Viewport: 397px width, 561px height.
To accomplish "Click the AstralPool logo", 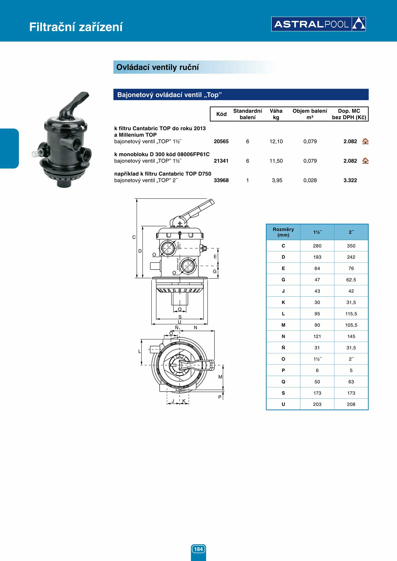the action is point(319,24).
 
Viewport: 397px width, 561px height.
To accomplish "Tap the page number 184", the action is point(199,549).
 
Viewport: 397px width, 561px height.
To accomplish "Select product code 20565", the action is point(221,141).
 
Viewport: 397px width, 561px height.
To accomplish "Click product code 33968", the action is point(221,180).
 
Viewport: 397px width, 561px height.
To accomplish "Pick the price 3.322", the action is point(350,180).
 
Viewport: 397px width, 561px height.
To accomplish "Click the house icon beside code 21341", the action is point(365,161).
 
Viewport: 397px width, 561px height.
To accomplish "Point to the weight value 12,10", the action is point(276,141).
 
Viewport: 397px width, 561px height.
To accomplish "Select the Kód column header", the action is point(222,114).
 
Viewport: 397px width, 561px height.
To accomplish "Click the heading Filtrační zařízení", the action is point(76,27).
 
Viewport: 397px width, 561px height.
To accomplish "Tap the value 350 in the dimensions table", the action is point(351,246).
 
